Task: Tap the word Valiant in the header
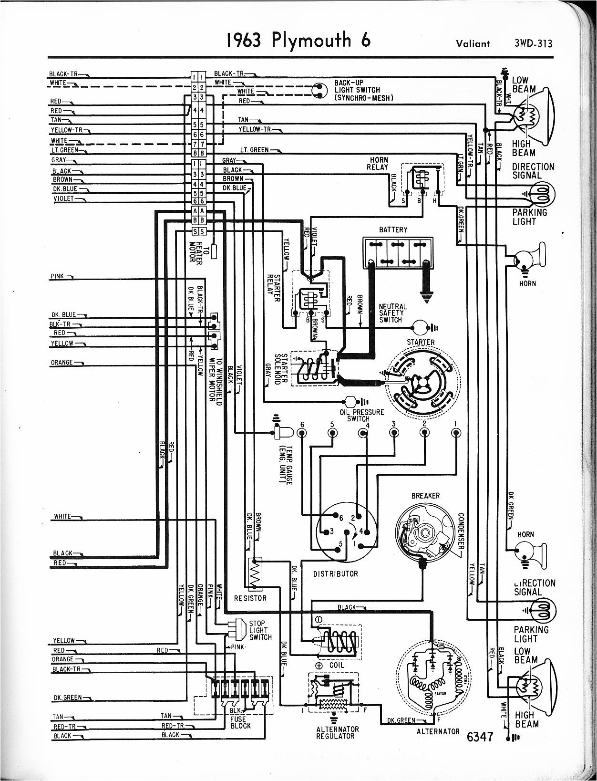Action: pyautogui.click(x=473, y=44)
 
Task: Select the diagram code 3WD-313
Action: pyautogui.click(x=533, y=43)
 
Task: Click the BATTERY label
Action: pyautogui.click(x=393, y=229)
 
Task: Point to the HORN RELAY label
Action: pyautogui.click(x=378, y=163)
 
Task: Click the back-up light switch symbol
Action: pyautogui.click(x=318, y=90)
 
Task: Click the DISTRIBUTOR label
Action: pyautogui.click(x=335, y=573)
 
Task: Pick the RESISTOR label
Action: pyautogui.click(x=250, y=598)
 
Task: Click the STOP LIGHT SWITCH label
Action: pyautogui.click(x=260, y=630)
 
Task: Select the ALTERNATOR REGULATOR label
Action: pyautogui.click(x=337, y=732)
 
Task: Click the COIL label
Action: pyautogui.click(x=336, y=665)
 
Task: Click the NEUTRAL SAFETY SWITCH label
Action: pyautogui.click(x=393, y=313)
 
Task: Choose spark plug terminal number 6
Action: pyautogui.click(x=301, y=433)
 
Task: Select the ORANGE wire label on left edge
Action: pyautogui.click(x=62, y=363)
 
